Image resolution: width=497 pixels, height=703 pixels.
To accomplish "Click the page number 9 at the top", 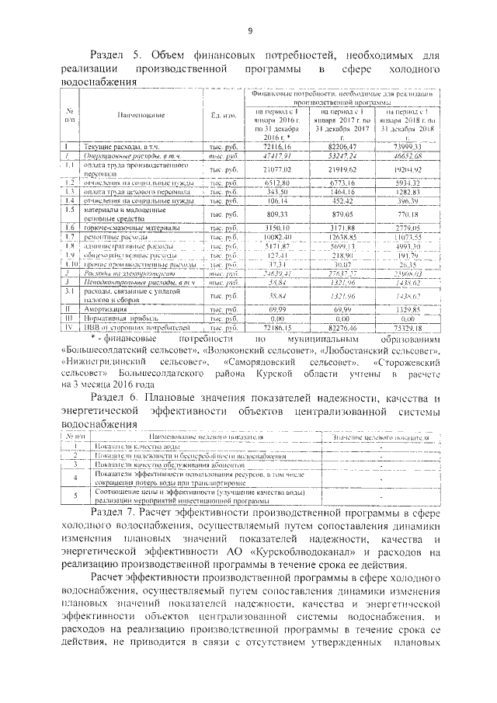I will click(x=250, y=30).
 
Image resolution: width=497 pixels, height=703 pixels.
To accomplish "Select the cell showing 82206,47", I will click(x=340, y=146).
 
